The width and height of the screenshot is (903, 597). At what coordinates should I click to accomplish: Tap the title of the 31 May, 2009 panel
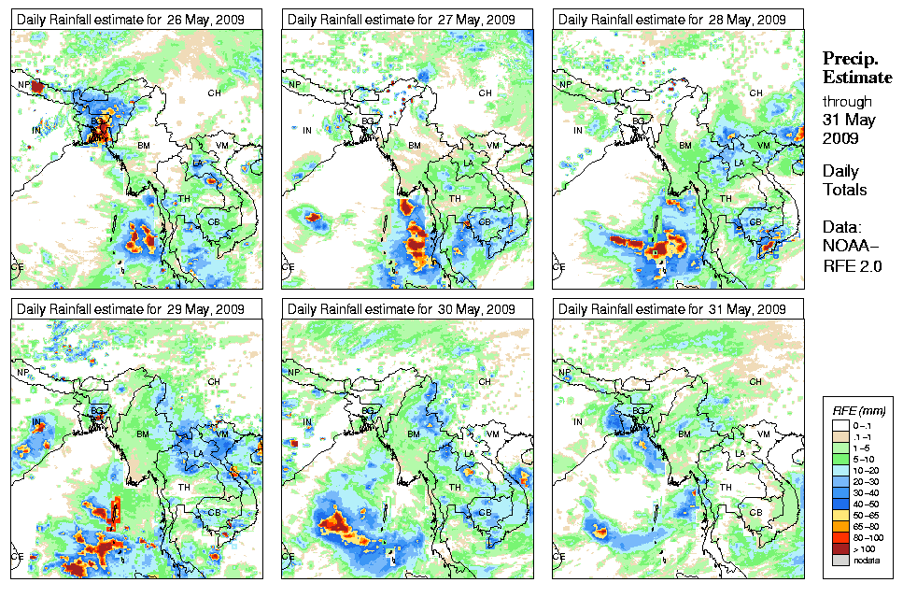pyautogui.click(x=670, y=309)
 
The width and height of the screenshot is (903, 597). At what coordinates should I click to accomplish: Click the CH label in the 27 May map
pyautogui.click(x=485, y=92)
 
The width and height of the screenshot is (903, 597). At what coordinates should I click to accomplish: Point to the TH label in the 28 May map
pyautogui.click(x=725, y=198)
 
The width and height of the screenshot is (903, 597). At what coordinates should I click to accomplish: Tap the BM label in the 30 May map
pyautogui.click(x=414, y=435)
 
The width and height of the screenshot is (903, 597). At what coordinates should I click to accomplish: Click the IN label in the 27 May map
pyautogui.click(x=307, y=130)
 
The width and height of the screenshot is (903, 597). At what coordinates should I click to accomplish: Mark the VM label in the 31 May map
pyautogui.click(x=763, y=434)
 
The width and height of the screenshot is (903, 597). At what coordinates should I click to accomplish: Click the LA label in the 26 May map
pyautogui.click(x=198, y=163)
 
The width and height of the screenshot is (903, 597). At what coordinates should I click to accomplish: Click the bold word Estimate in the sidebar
pyautogui.click(x=856, y=77)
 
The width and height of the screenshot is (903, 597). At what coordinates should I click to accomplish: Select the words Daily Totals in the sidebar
pyautogui.click(x=844, y=180)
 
